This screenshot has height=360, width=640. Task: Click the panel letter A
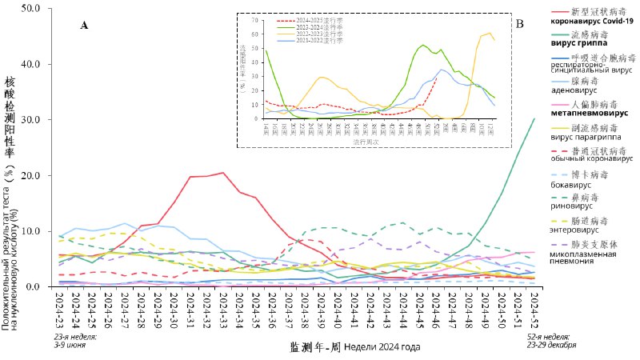tap(84, 26)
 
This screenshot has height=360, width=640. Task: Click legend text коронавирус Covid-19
tap(591, 22)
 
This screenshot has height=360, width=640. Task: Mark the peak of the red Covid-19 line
tap(222, 172)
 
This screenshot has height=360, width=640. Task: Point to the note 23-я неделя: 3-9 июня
tap(76, 342)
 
